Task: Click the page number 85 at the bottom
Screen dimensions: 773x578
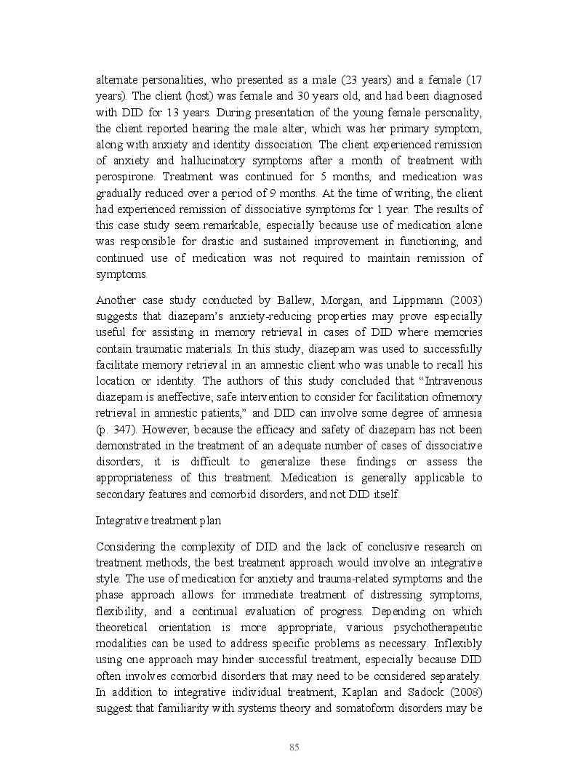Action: point(294,747)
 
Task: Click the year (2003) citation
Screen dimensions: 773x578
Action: point(463,300)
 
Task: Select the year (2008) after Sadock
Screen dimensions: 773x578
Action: point(463,691)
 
